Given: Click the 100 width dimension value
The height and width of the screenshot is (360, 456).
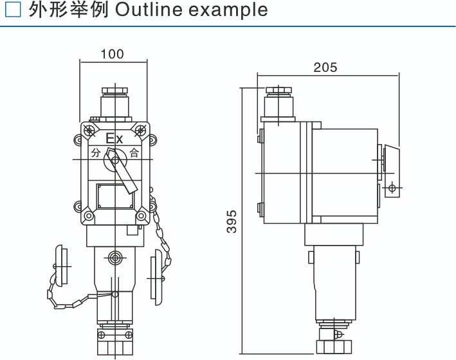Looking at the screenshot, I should click(113, 55).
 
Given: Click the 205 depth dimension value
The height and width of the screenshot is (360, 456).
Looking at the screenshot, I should click(325, 67).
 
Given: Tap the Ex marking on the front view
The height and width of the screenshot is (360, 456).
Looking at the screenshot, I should click(114, 138).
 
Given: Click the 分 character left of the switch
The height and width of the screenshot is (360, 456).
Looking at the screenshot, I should click(96, 153).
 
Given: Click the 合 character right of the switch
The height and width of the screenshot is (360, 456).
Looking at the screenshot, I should click(134, 153).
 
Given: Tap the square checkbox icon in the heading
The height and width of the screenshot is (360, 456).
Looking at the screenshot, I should click(13, 10).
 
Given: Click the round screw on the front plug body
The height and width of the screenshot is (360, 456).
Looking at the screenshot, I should click(114, 257).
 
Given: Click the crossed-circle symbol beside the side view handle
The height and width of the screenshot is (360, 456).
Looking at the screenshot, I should click(392, 189).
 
